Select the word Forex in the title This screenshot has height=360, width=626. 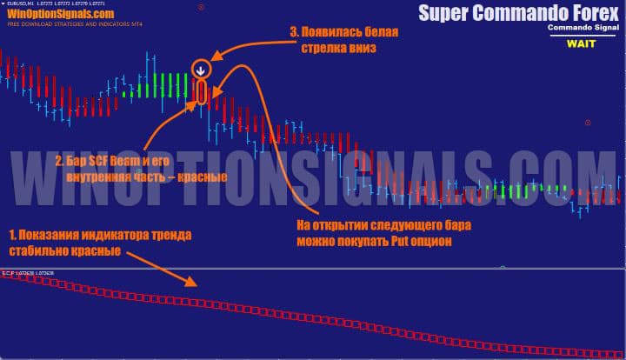582,13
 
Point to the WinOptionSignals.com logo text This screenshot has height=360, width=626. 60,15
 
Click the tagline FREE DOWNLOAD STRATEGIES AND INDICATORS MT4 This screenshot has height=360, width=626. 65,25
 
